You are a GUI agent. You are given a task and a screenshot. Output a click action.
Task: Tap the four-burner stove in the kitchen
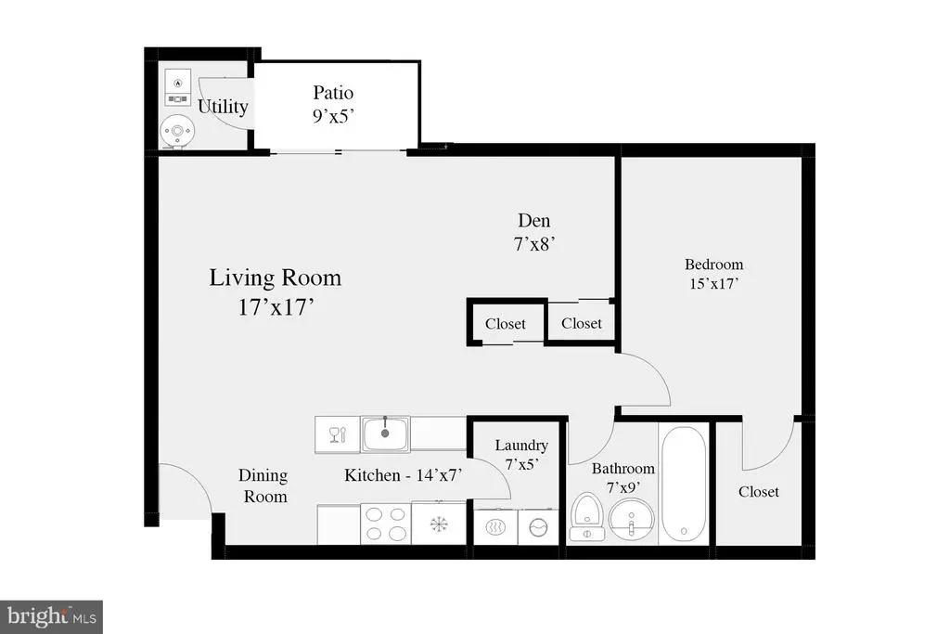386,524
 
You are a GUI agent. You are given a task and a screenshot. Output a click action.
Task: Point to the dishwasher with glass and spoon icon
336,433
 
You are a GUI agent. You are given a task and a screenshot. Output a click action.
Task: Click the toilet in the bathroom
587,517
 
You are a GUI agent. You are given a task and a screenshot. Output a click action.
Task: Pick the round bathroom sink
632,517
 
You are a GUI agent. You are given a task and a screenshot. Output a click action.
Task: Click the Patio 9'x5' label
333,104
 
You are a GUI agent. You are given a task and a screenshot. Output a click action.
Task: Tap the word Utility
223,107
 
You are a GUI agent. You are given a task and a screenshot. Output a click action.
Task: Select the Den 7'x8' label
534,232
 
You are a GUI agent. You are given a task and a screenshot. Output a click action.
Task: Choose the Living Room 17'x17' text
275,291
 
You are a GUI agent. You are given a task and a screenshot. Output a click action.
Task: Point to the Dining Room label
265,485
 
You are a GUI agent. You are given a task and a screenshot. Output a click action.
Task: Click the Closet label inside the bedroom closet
759,491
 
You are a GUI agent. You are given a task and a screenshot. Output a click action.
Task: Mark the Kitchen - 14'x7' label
404,475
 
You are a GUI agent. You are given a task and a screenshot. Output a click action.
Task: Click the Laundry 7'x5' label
520,454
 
